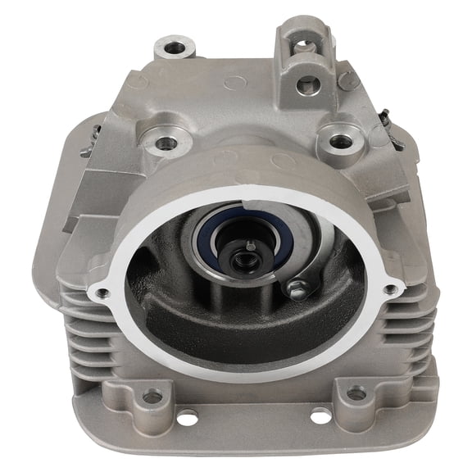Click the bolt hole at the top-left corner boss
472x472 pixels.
[175, 48]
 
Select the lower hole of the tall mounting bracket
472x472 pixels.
[309, 83]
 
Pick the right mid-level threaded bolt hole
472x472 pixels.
[342, 141]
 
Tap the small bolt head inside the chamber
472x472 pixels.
[299, 288]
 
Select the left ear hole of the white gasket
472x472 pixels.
[103, 292]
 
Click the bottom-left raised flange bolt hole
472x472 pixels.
[152, 397]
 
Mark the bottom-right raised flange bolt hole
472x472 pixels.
[356, 394]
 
